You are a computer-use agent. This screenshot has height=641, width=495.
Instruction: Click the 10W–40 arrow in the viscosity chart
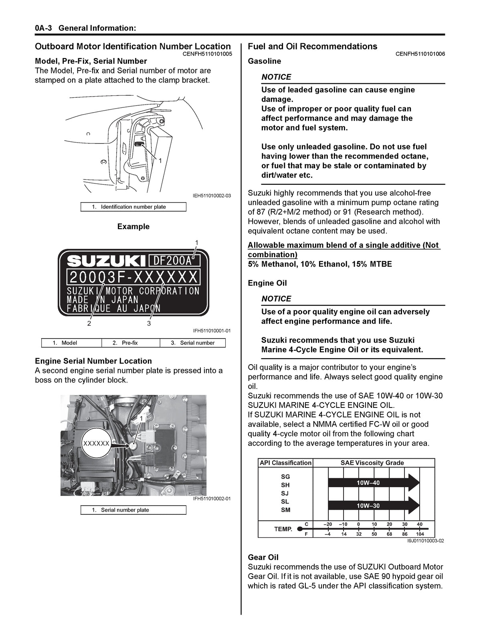click(373, 483)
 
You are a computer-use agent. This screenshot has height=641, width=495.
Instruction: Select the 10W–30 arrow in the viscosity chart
click(373, 506)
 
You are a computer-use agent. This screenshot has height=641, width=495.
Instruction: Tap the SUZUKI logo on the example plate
click(106, 261)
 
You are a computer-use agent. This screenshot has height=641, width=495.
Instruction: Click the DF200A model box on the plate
click(174, 261)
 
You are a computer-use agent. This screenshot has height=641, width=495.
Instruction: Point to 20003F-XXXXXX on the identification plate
click(133, 277)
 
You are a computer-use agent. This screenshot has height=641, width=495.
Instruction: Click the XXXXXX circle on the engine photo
click(96, 443)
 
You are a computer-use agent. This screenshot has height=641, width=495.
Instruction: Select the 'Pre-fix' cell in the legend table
click(130, 343)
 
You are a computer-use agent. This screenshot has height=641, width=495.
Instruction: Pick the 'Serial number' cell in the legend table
click(193, 343)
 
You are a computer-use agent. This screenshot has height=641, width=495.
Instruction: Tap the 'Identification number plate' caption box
click(133, 207)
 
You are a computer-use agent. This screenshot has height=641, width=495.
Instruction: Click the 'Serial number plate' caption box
click(133, 510)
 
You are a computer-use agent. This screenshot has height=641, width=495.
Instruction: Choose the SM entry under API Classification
click(285, 510)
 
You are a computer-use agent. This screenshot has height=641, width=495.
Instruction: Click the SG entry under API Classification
click(285, 477)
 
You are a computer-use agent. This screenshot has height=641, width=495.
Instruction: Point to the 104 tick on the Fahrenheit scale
click(420, 534)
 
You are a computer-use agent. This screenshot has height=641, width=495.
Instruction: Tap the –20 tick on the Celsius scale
click(327, 524)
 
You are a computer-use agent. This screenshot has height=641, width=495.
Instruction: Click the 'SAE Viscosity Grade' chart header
click(372, 463)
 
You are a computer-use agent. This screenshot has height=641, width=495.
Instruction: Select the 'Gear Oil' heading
click(263, 557)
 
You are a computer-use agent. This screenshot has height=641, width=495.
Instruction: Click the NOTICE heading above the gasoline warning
click(276, 77)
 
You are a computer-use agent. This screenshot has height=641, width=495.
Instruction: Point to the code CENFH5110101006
click(420, 54)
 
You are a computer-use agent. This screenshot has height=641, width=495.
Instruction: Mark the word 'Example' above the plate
click(133, 226)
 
